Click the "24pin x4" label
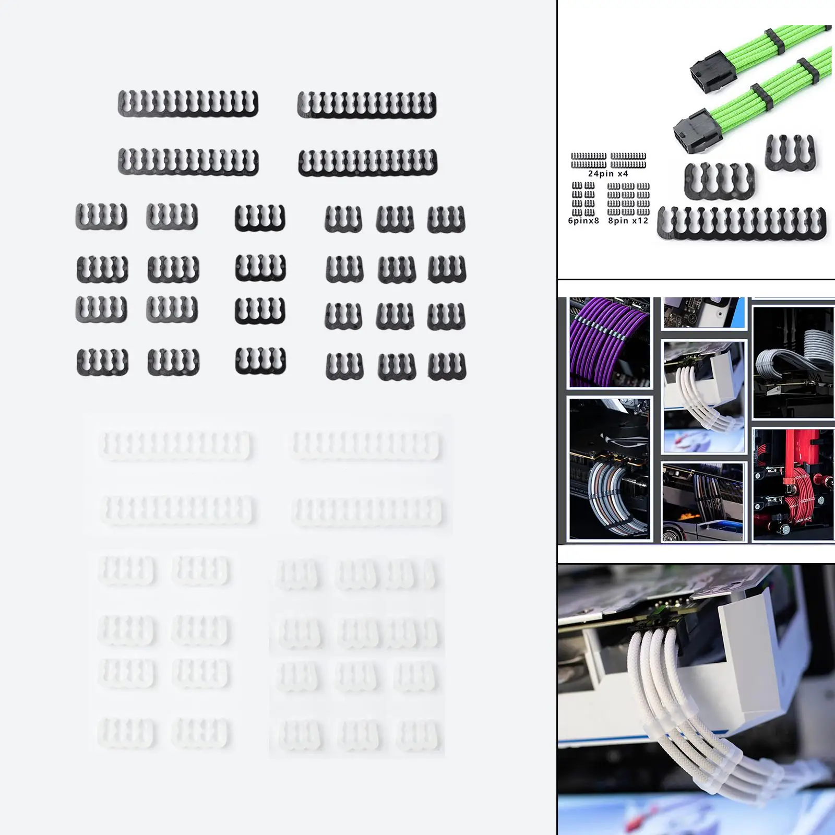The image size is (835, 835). click(x=608, y=174)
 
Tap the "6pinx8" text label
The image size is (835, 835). click(x=583, y=221)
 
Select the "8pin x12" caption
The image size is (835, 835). click(x=628, y=221)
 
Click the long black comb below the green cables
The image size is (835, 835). click(x=742, y=223)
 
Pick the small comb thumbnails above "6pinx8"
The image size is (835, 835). click(x=583, y=199)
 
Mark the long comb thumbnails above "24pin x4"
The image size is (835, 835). click(x=609, y=160)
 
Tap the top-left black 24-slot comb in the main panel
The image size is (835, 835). click(x=188, y=103)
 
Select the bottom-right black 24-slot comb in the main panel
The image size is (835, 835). click(x=368, y=163)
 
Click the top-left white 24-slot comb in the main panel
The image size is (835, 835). click(x=175, y=445)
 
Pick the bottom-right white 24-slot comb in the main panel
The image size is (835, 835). click(x=368, y=511)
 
